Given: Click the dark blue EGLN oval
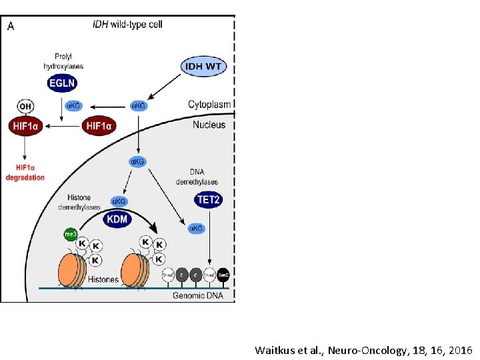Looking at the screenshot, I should coord(62,83).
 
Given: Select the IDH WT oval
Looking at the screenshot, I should coord(203,67).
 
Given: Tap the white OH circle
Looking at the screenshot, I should coord(25,106).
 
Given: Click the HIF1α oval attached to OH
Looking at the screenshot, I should coord(25,125).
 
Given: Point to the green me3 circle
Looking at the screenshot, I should coord(70,235).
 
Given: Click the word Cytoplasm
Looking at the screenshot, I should coord(209,105).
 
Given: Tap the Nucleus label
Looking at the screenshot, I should coord(209,125).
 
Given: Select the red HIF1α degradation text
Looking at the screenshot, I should coord(25,173).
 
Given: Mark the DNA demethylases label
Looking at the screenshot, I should coord(197,177).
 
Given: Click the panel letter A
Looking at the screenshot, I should coord(11,26).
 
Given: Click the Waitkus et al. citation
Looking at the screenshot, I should coord(363,349).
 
